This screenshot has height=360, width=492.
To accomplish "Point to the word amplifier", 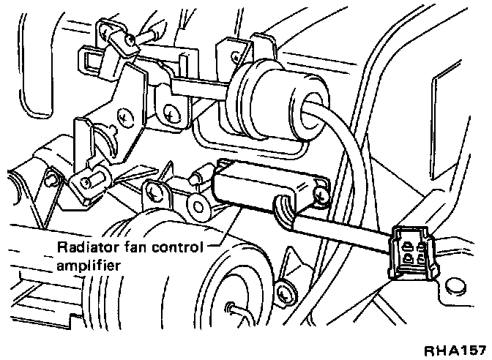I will pyautogui.click(x=87, y=267).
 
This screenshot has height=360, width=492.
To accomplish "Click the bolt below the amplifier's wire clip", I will pyautogui.click(x=286, y=292).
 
